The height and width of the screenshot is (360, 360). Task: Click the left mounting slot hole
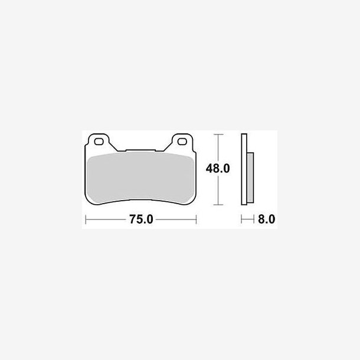[x=99, y=142]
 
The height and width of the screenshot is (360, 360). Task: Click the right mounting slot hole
[x=182, y=142]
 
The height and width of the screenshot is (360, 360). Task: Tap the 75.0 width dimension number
[x=141, y=220]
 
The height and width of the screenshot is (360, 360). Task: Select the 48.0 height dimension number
[x=218, y=169]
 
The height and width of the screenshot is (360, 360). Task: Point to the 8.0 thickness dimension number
[x=266, y=220]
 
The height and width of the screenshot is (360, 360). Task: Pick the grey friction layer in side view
[x=250, y=178]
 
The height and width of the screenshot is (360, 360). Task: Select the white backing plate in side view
[x=244, y=169]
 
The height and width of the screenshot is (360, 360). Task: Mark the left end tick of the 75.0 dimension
[x=86, y=220]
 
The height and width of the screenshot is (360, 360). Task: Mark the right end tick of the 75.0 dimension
[x=197, y=220]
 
